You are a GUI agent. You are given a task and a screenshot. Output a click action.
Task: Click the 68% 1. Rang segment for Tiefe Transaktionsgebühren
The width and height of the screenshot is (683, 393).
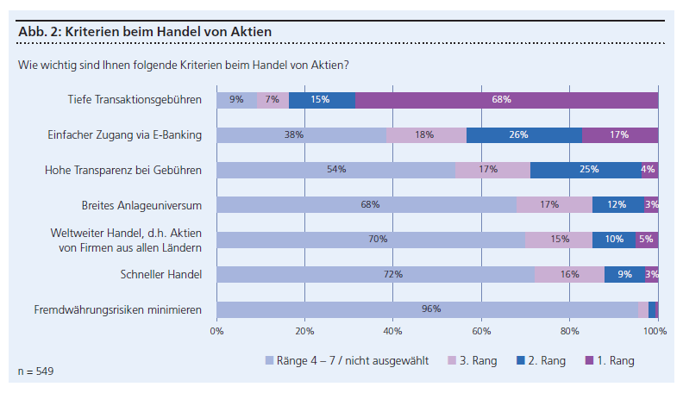pos(506,100)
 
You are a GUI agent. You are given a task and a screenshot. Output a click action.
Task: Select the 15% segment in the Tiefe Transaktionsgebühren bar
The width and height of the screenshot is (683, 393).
pos(322,100)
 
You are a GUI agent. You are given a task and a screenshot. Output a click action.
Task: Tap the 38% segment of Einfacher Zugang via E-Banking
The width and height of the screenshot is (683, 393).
pos(301,134)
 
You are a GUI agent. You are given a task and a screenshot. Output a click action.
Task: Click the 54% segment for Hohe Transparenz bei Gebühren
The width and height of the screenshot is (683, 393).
pos(335,170)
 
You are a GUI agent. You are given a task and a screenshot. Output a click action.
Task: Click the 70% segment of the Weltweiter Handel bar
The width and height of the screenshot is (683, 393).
pos(371,240)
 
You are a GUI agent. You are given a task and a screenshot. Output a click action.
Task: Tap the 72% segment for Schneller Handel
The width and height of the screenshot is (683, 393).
pos(375,274)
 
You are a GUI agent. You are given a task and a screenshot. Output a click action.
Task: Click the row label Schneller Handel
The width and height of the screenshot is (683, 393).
pos(162,275)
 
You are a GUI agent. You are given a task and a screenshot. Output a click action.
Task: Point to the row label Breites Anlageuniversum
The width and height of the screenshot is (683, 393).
pos(142,205)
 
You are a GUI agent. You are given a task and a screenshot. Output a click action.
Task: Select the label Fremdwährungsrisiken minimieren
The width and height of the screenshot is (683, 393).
pos(118,309)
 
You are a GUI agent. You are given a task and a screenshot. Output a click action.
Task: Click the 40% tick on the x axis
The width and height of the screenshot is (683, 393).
pos(392,329)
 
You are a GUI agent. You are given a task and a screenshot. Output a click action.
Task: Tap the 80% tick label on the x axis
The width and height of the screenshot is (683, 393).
pos(568,329)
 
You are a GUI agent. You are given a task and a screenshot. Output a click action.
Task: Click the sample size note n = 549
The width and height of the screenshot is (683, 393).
pos(35,371)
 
